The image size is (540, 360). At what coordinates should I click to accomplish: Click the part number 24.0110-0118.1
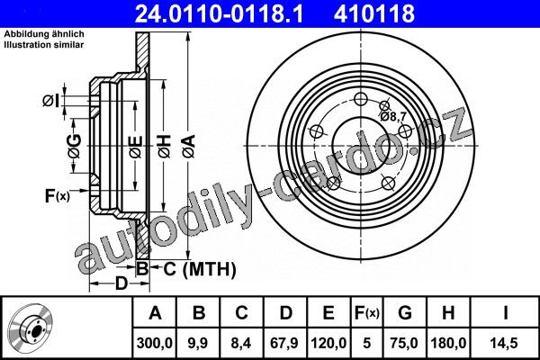[219, 13]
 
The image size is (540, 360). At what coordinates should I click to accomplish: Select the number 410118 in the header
[374, 13]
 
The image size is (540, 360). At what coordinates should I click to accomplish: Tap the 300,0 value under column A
[155, 343]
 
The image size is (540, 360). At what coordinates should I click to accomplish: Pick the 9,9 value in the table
[198, 343]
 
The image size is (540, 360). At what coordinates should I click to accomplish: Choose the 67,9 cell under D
[284, 343]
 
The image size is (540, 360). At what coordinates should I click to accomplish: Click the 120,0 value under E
[328, 343]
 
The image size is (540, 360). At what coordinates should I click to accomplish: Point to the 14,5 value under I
[505, 343]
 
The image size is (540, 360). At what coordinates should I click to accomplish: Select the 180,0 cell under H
[448, 343]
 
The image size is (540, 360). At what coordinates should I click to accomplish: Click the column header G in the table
[405, 313]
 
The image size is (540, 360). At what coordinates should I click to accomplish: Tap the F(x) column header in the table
[367, 313]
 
